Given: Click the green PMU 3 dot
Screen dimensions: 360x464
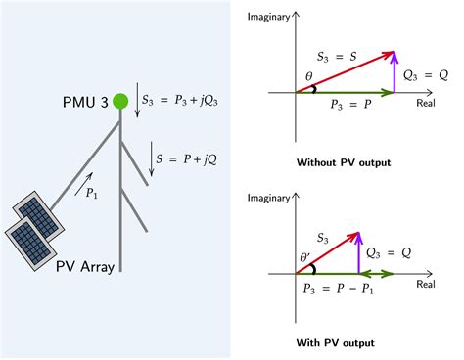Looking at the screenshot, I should point(120,100).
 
